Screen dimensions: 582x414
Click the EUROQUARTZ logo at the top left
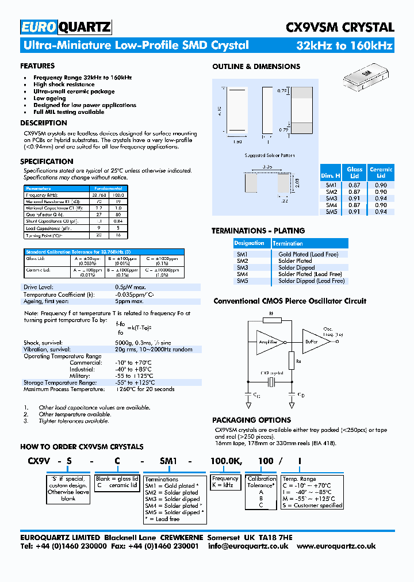66,27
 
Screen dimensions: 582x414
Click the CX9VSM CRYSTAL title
340,27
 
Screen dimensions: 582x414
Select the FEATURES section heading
37,66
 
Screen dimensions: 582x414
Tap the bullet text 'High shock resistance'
64,85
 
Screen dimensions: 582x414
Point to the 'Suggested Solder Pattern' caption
269,156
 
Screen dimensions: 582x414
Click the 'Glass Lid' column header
354,173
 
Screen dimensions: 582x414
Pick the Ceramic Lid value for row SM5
381,212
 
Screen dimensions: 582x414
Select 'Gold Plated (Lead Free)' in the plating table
308,254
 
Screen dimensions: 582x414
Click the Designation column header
250,243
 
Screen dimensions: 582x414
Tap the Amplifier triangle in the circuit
267,342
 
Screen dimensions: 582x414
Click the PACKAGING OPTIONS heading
251,420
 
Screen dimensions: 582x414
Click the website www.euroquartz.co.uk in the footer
336,546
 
